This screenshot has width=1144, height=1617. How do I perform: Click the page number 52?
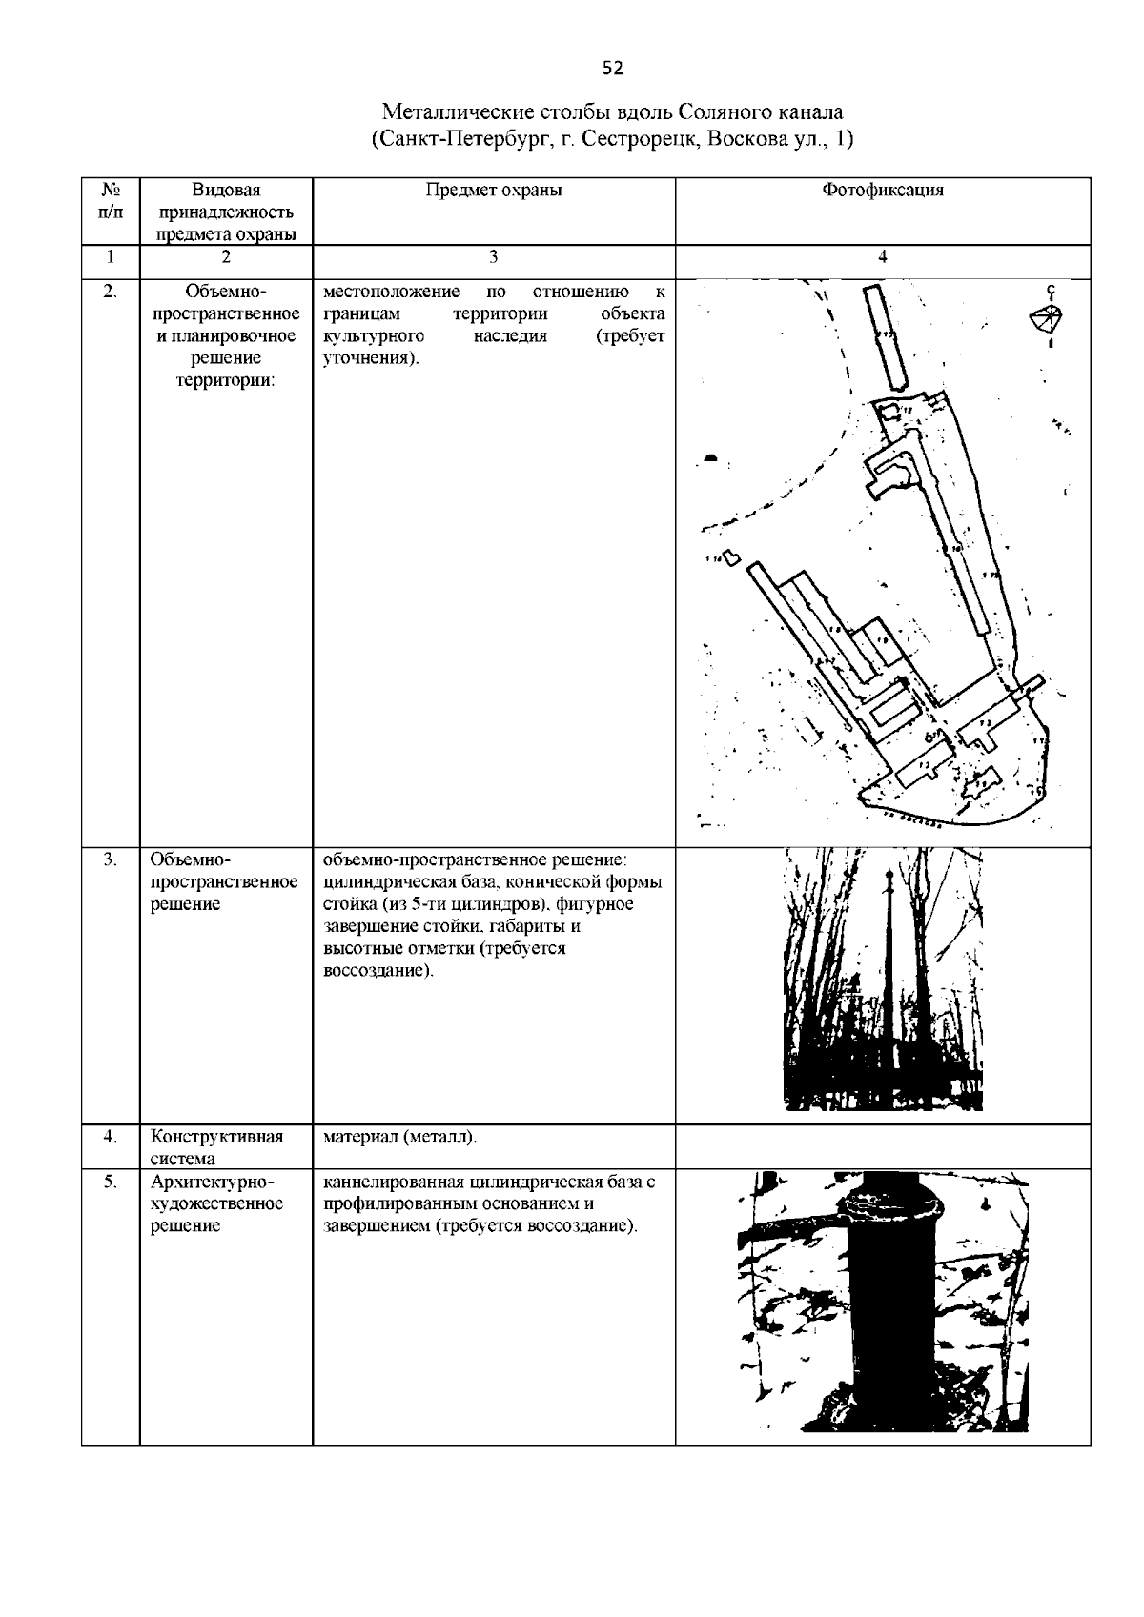[x=612, y=68]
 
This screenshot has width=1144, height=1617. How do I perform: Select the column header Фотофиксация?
[x=883, y=190]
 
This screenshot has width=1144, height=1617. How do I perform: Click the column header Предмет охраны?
[x=494, y=190]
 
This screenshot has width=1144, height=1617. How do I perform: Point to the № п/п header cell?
[x=111, y=200]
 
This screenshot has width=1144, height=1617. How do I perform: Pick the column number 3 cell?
[x=494, y=255]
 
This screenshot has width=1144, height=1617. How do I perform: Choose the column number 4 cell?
[x=883, y=255]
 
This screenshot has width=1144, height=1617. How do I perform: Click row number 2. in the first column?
[x=111, y=292]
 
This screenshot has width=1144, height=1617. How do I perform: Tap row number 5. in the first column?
[x=111, y=1182]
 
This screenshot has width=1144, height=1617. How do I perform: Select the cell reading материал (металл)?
[x=400, y=1137]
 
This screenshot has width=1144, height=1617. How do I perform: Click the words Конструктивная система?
[x=217, y=1147]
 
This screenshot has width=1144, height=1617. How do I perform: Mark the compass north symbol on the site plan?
[x=1049, y=318]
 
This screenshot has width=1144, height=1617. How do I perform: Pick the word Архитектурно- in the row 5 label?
[x=212, y=1182]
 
